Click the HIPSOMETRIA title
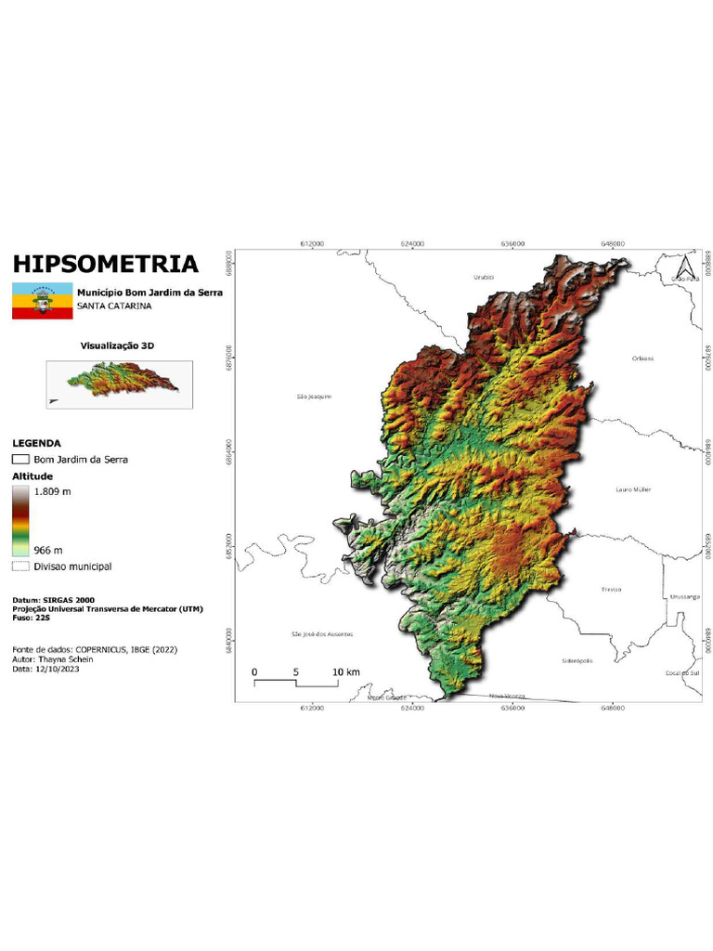click(x=105, y=264)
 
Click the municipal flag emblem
click(x=42, y=301)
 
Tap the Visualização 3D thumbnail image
click(x=119, y=384)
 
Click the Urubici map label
click(x=484, y=277)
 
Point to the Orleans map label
click(x=642, y=358)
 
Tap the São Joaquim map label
click(x=314, y=397)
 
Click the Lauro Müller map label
click(x=634, y=489)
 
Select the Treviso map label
click(x=611, y=589)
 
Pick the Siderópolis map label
click(x=577, y=660)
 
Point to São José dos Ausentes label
click(x=322, y=634)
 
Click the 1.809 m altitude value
click(x=53, y=490)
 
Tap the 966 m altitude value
click(x=49, y=550)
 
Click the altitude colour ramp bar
click(x=21, y=520)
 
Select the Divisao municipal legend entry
click(x=61, y=566)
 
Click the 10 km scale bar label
click(x=345, y=671)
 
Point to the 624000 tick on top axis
click(x=412, y=243)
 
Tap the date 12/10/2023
click(x=57, y=668)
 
